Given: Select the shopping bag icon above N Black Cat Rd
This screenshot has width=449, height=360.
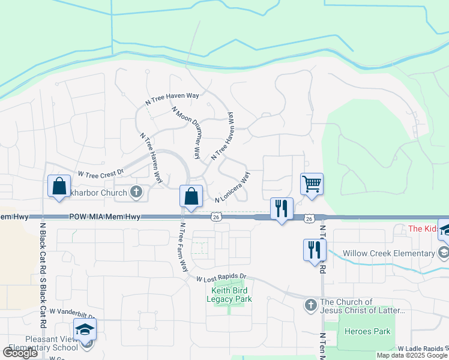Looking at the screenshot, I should point(59,187).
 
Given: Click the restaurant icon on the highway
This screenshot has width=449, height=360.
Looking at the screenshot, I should point(282,209).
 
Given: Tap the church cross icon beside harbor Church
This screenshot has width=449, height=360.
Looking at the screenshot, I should point(136,193).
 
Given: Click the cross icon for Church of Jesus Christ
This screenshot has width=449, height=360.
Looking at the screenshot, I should point(310,305).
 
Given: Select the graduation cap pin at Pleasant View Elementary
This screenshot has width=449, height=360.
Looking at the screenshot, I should point(85,329).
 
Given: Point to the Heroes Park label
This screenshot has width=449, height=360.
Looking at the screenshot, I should point(367,331).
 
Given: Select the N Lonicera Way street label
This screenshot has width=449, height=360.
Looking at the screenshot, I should point(232,188).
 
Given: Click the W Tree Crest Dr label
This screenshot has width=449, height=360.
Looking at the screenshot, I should point(100,173).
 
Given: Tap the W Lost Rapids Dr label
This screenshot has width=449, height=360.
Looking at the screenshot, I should point(221,277).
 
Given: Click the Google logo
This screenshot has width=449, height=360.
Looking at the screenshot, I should point(20,353).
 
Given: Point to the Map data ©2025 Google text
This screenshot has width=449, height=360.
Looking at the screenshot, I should point(412,355).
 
